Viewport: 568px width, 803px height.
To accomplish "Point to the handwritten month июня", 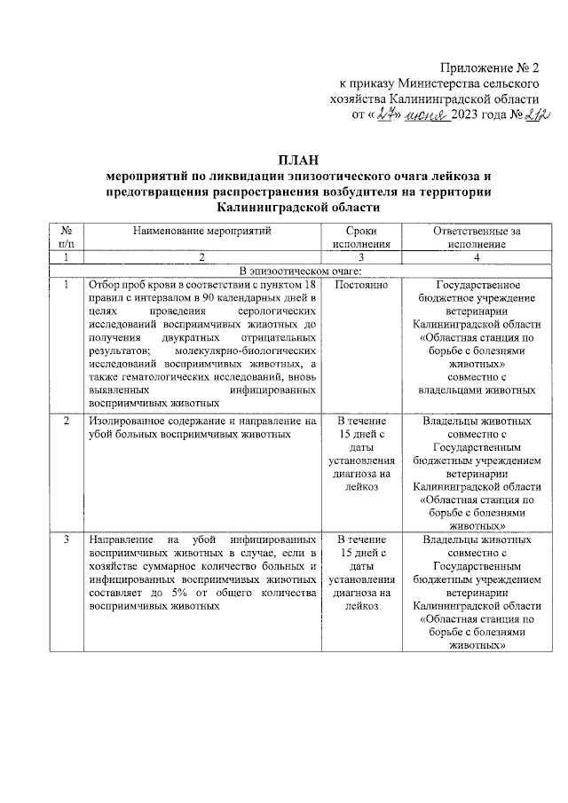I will pyautogui.click(x=427, y=116).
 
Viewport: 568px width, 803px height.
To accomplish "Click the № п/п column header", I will pyautogui.click(x=67, y=237).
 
